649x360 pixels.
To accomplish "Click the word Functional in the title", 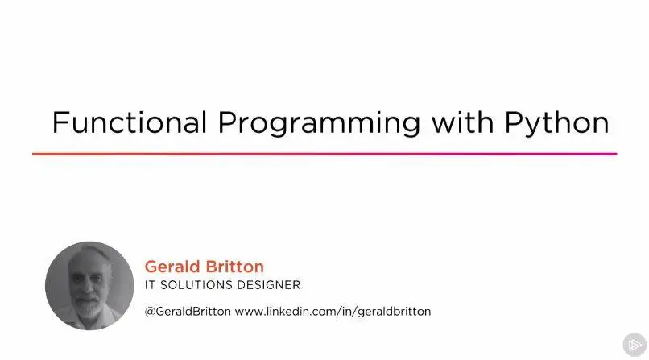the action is (130, 122).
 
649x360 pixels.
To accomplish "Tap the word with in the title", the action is (462, 122).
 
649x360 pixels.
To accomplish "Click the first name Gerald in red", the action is (172, 267).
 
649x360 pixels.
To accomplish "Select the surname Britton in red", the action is (234, 267).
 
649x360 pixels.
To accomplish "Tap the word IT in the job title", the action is (150, 285).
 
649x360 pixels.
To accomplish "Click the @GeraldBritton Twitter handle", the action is (188, 311).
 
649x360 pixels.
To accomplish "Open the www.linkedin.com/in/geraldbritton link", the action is (333, 312).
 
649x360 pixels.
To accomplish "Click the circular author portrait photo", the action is (89, 286).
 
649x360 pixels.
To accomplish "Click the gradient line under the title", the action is (324, 154).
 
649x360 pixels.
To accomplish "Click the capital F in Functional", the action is (61, 122).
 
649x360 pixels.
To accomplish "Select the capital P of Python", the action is (514, 122).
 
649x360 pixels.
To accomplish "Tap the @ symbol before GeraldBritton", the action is (150, 312).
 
